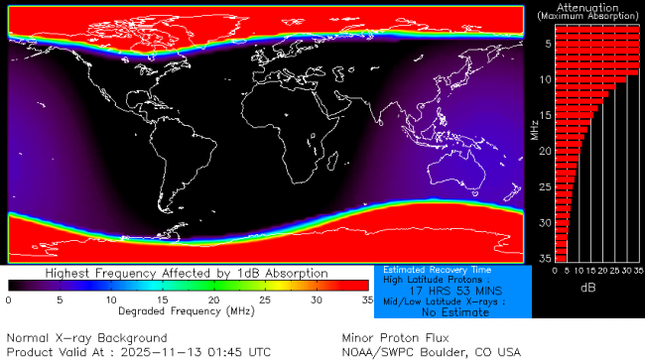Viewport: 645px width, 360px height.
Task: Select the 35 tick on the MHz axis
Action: point(544,258)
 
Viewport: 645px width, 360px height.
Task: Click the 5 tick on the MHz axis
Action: point(545,44)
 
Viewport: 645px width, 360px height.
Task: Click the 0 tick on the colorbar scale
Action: point(9,299)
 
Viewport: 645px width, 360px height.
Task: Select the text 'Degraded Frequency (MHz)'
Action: point(187,310)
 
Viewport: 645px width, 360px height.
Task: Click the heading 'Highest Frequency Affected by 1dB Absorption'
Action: point(188,273)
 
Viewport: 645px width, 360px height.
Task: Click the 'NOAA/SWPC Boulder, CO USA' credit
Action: point(431,351)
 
